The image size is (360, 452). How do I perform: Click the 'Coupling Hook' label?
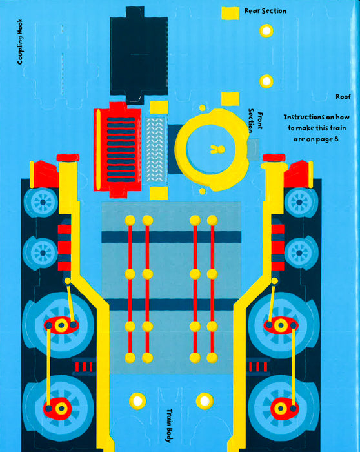(19, 41)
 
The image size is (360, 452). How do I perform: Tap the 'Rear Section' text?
(266, 11)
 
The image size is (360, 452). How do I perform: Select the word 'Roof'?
(343, 97)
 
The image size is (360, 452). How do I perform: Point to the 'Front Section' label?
(255, 121)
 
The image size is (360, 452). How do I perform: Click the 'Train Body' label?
(169, 425)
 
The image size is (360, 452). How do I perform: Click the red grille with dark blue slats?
(118, 149)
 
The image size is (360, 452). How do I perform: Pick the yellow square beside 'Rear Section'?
(230, 14)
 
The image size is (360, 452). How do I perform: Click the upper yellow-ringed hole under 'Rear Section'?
(266, 30)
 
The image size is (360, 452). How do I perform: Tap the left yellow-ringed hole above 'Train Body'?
(137, 401)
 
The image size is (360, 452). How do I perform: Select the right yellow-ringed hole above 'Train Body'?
(205, 401)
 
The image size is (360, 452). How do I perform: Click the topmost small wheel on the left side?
(42, 201)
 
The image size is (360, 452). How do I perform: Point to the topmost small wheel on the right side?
(300, 201)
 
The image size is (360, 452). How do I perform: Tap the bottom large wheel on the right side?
(284, 408)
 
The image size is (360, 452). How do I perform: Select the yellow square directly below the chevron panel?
(159, 193)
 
